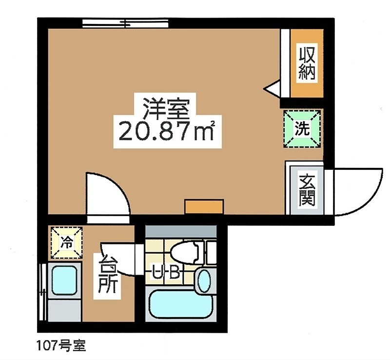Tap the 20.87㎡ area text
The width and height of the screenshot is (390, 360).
167,131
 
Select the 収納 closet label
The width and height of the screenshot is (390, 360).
307,63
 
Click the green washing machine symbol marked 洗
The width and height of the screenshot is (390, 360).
302,129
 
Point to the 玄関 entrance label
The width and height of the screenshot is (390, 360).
307,191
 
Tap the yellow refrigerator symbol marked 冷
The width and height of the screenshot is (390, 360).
67,242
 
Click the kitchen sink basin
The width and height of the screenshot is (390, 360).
64,280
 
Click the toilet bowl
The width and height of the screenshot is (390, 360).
186,253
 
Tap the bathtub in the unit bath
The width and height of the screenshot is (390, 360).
181,304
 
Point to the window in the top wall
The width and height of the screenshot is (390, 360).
125,23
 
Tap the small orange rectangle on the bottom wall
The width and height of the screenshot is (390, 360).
204,206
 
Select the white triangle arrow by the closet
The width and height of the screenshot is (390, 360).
272,89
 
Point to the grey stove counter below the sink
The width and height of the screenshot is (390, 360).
64,310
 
